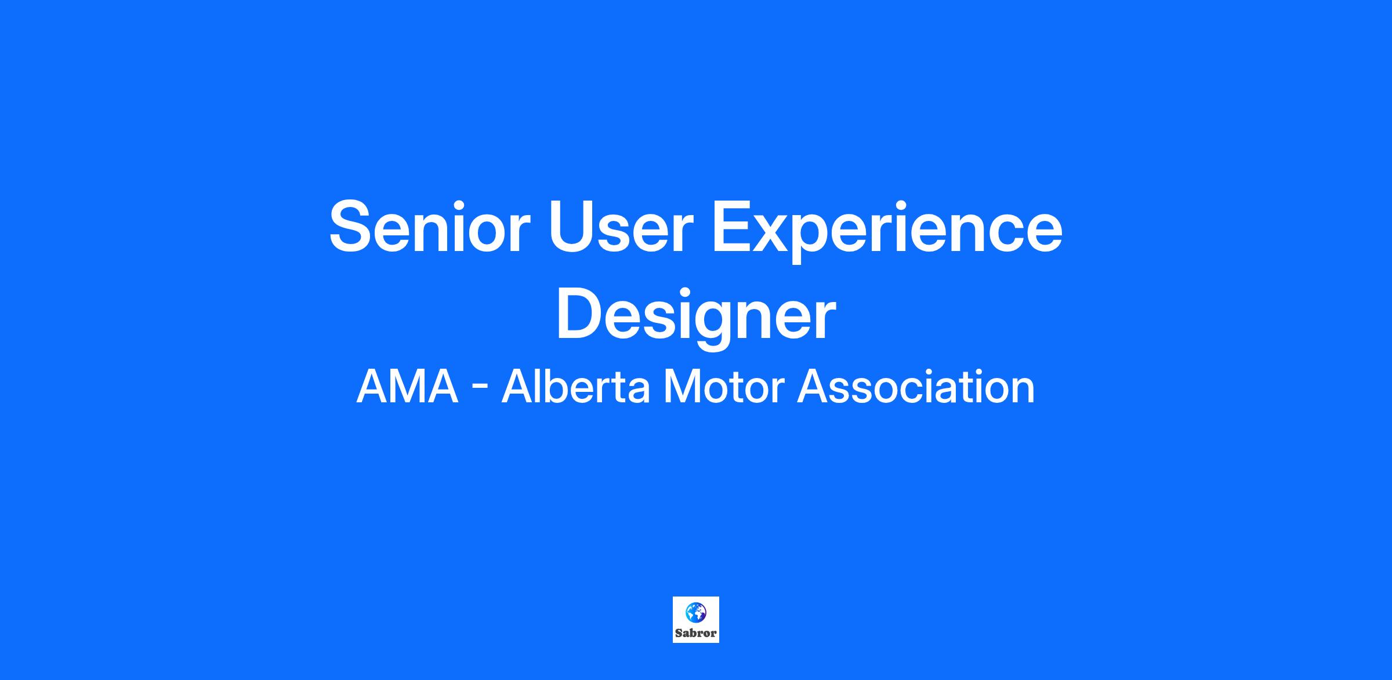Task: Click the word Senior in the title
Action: [430, 226]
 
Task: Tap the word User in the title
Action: [621, 226]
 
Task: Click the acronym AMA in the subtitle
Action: [407, 388]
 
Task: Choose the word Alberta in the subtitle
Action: [575, 387]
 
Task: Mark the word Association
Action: [916, 387]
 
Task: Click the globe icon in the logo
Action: [696, 612]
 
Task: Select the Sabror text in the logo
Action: [696, 633]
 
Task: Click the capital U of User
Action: [571, 227]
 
